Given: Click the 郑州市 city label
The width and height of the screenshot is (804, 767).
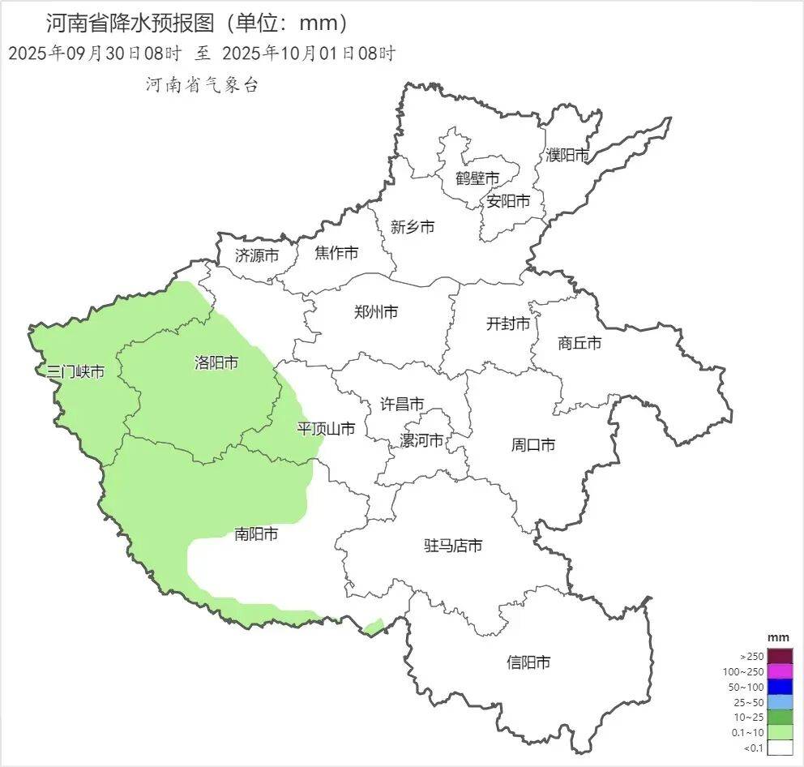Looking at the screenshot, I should point(376,311).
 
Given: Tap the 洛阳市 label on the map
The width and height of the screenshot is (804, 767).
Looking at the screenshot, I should point(216,362).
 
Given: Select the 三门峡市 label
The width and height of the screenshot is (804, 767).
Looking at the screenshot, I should point(75,372).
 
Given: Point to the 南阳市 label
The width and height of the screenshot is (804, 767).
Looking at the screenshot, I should point(256,534).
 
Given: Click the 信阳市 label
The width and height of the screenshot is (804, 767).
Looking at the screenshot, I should point(528,662).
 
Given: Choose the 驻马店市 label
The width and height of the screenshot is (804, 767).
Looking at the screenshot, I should point(453,546).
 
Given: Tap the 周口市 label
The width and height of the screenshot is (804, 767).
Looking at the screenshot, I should point(533,444).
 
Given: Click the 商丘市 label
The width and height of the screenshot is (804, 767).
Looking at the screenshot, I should point(579,343).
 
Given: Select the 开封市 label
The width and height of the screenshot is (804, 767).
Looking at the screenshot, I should point(508,324).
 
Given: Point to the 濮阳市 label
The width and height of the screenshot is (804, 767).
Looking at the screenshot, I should point(567,154).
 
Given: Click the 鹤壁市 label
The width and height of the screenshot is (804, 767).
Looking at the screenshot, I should point(477,178).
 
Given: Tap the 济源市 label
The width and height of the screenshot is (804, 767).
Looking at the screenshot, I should point(257,255).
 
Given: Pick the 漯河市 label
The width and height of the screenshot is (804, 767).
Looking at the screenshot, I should point(421,440).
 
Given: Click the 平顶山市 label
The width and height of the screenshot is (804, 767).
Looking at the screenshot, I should point(326,429).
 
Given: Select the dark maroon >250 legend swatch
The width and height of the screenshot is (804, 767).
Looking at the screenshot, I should point(780,656).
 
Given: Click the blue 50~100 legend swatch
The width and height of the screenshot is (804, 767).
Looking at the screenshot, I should point(780,687).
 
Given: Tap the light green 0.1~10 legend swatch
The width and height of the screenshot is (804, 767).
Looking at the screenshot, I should point(780,732).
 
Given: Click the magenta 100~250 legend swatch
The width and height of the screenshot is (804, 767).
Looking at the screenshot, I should point(780,671).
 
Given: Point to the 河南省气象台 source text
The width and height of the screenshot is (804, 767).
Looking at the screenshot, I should point(202,84).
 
